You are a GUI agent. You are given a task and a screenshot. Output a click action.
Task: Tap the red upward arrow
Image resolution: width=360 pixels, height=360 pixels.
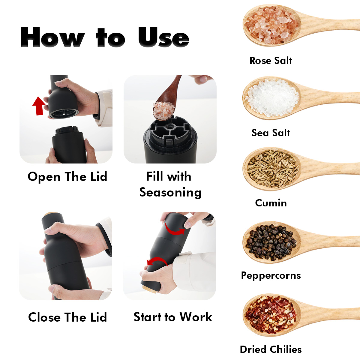[39, 106]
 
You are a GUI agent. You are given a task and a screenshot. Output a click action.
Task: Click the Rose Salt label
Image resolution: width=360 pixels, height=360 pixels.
[271, 61]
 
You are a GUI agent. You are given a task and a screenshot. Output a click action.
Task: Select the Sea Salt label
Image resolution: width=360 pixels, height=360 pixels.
[271, 133]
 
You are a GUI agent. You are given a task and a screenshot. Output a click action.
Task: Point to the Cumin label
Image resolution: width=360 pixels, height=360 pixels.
[271, 203]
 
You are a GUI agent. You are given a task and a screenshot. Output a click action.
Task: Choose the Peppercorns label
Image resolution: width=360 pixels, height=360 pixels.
[271, 276]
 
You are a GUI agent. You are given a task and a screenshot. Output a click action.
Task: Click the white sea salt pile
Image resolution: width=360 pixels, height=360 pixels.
[272, 98]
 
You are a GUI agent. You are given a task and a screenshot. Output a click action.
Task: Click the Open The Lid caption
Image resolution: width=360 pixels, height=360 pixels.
[67, 177]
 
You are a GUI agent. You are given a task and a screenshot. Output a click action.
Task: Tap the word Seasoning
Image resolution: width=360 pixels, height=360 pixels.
[170, 193]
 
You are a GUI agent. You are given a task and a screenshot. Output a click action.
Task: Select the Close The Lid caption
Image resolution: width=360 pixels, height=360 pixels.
[67, 317]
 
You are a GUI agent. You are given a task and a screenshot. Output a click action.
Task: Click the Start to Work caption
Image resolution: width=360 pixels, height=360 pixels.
[173, 317]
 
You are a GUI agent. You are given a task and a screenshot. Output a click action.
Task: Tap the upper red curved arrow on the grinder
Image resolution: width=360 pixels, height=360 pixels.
[174, 229]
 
